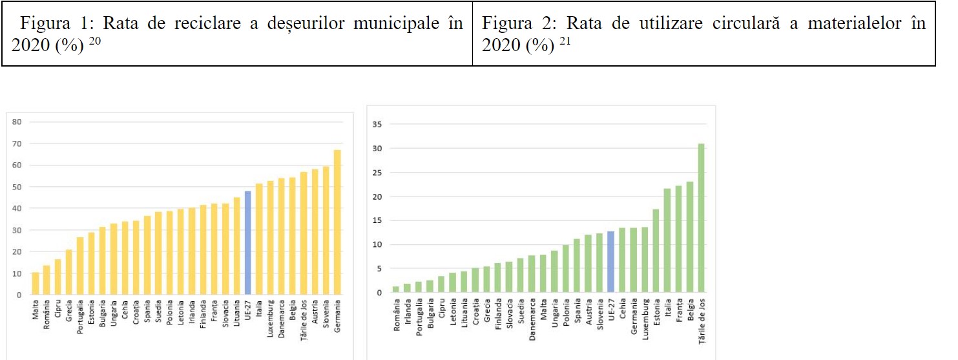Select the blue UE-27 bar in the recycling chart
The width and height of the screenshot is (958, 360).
point(247,242)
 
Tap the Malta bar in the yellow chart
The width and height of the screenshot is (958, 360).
point(35,283)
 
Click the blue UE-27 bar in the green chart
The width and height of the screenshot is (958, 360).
point(610,262)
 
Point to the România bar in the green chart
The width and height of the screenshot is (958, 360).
point(396,290)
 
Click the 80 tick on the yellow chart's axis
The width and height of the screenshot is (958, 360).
point(17,122)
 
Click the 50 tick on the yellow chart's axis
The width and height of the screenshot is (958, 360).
point(17,187)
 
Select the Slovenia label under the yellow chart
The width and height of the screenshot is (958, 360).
point(326,313)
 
